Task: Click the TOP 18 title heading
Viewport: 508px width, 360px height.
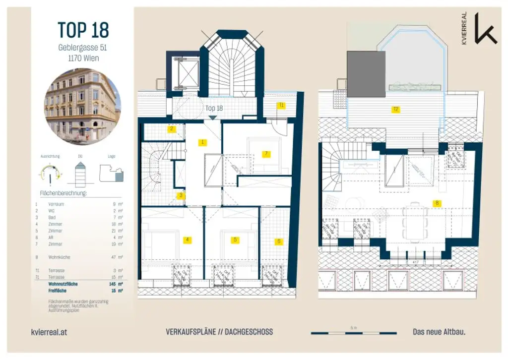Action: pos(82,30)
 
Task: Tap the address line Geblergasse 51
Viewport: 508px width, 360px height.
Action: pos(82,48)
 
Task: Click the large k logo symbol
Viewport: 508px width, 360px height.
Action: pos(485,28)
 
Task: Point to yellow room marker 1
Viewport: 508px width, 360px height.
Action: pos(202,142)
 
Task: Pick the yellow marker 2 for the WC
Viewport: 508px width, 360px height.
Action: pos(172,129)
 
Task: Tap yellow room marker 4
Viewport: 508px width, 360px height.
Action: pos(187,240)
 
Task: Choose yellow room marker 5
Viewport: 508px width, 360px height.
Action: pos(235,240)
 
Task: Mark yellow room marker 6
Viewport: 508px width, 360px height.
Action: pos(278,241)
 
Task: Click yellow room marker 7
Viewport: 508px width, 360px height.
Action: pos(266,154)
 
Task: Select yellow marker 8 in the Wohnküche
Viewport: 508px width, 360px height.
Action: pos(437,203)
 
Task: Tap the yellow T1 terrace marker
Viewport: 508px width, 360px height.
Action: pos(281,105)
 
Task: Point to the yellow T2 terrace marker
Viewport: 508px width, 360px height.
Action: pos(395,109)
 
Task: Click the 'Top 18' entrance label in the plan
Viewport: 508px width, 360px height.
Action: pos(214,108)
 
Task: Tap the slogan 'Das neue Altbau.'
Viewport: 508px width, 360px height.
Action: pos(439,332)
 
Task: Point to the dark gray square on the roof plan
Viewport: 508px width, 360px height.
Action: pos(366,74)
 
